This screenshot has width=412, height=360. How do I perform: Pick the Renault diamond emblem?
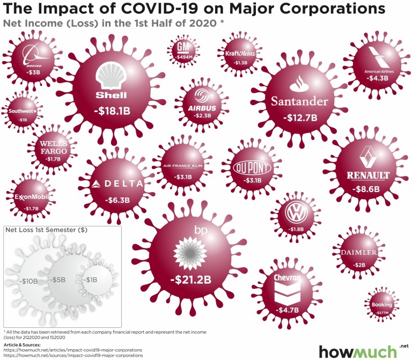coord(368,157)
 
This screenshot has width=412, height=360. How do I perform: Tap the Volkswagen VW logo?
coord(296,213)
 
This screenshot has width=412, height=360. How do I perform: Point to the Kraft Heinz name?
coord(240,53)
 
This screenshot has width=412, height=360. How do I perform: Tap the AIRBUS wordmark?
coord(202,108)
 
